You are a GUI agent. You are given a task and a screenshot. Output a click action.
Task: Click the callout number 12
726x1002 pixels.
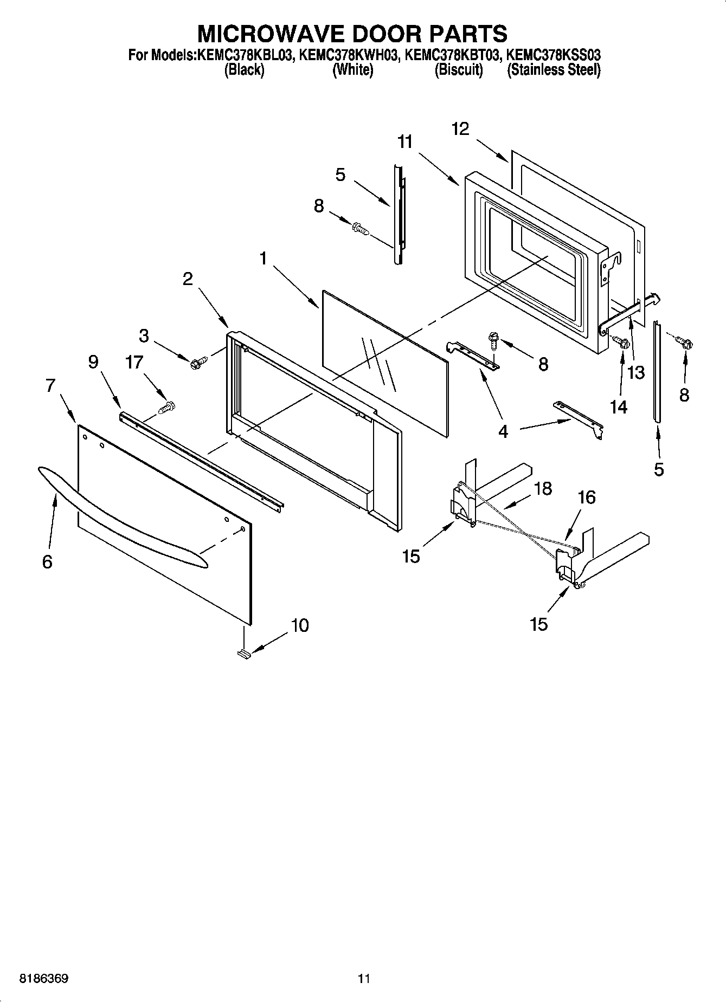pyautogui.click(x=460, y=129)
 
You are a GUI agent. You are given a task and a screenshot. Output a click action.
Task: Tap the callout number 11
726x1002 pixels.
pyautogui.click(x=404, y=142)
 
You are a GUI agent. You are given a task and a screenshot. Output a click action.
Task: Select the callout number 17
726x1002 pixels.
pyautogui.click(x=134, y=362)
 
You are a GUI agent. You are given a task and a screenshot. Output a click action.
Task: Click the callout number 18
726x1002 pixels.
pyautogui.click(x=543, y=488)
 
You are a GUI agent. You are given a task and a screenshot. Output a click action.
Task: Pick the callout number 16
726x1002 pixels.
pyautogui.click(x=587, y=497)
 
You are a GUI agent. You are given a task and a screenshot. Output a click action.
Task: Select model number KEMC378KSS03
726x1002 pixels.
pyautogui.click(x=553, y=55)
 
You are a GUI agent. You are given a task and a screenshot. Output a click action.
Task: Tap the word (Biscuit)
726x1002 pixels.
pyautogui.click(x=459, y=70)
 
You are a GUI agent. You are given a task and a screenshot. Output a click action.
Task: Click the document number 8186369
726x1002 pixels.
pyautogui.click(x=44, y=979)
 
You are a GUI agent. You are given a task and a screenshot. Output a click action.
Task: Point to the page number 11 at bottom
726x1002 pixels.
pyautogui.click(x=363, y=979)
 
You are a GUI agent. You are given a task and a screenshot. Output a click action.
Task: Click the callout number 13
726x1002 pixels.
pyautogui.click(x=635, y=372)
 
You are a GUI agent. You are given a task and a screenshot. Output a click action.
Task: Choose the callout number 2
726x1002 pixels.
pyautogui.click(x=187, y=279)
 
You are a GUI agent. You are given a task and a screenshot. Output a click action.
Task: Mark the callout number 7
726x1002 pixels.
pyautogui.click(x=50, y=386)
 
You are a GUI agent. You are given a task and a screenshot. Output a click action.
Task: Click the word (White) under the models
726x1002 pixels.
pyautogui.click(x=352, y=70)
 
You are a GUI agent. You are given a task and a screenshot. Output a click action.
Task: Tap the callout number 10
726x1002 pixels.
pyautogui.click(x=299, y=625)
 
